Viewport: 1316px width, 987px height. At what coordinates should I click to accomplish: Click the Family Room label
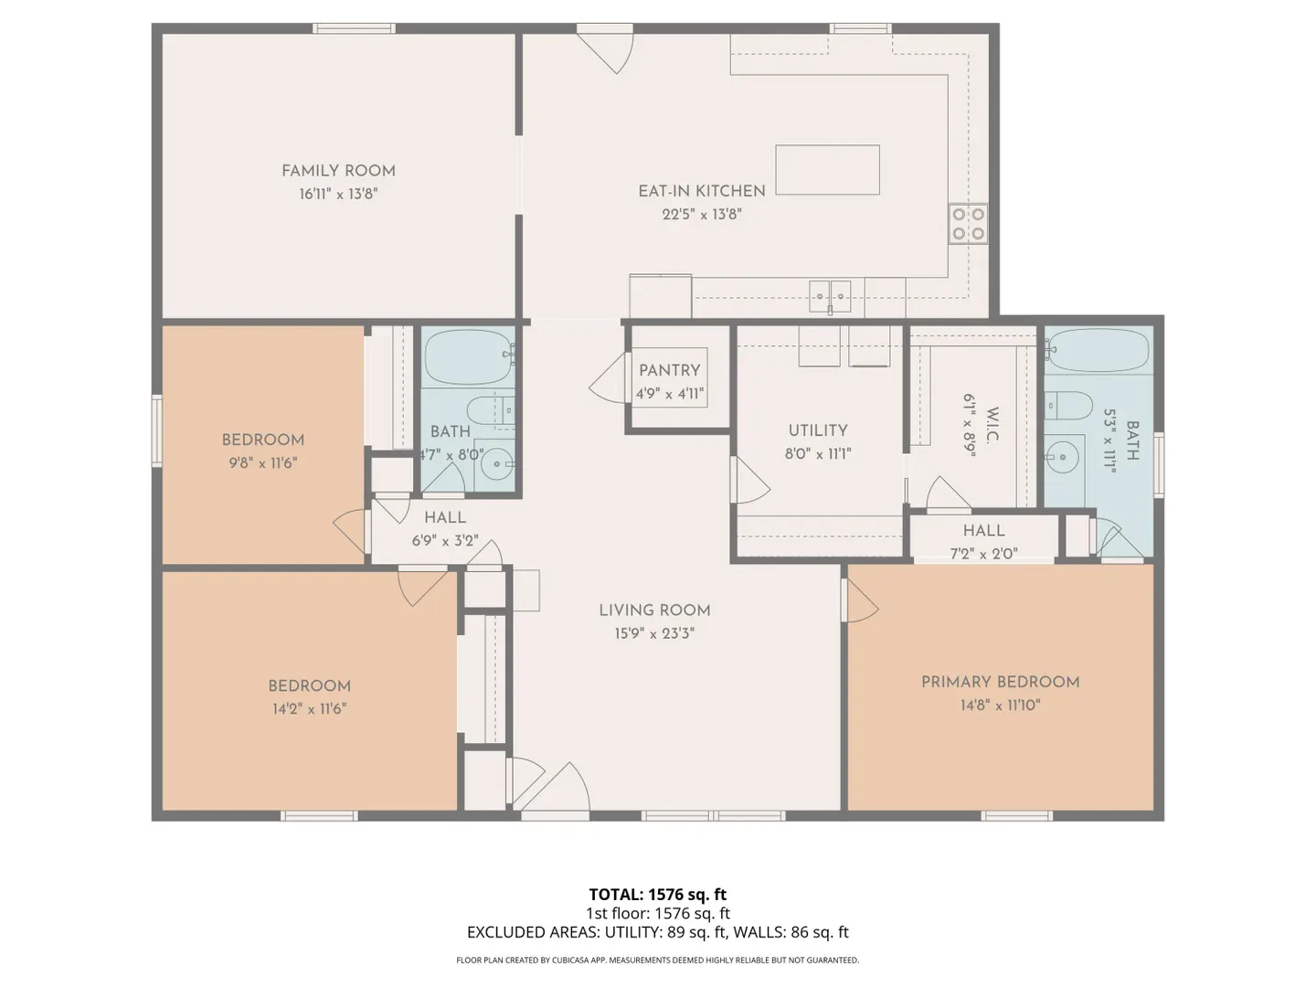pos(338,172)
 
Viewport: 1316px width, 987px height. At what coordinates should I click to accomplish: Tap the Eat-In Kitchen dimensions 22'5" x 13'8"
pos(702,214)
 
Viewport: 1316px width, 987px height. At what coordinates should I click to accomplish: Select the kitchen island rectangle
pos(827,170)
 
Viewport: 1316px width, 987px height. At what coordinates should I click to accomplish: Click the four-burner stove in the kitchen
pos(968,224)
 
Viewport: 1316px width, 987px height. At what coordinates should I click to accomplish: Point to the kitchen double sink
pos(830,296)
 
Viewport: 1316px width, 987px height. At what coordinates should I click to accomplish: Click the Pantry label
pos(669,370)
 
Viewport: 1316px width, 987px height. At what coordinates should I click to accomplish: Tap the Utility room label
pos(818,430)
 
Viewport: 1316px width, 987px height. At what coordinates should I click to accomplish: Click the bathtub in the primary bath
pos(1098,351)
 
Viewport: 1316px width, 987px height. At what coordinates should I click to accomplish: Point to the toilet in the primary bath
pos(1068,406)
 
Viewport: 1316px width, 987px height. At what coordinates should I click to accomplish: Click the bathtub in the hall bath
pos(469,357)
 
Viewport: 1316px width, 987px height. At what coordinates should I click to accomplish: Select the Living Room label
pos(654,610)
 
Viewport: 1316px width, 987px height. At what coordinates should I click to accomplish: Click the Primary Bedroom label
pos(1000,682)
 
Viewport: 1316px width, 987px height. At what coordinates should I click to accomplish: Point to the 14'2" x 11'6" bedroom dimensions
pos(310,709)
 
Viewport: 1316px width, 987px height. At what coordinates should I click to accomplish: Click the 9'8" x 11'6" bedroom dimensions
pos(263,463)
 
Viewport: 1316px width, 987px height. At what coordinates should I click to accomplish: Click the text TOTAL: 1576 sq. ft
pos(658,894)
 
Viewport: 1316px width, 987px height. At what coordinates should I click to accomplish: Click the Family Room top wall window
pos(354,28)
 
